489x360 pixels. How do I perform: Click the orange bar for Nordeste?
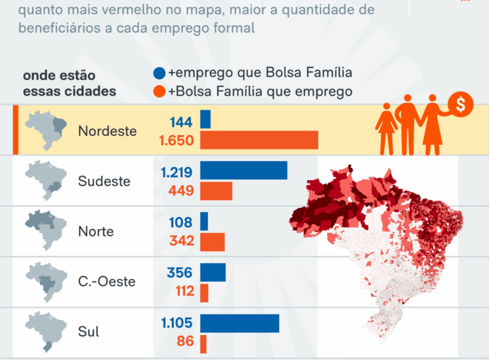(259, 141)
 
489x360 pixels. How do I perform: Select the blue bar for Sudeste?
(243, 170)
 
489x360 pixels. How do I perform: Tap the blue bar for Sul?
(239, 323)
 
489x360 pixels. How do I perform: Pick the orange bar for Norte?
(212, 241)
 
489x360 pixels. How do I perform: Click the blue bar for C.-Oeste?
(213, 272)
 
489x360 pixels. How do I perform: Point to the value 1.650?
(176, 141)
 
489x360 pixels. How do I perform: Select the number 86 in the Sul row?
(185, 342)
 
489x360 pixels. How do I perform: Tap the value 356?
(180, 272)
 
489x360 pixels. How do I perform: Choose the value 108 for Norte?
(181, 222)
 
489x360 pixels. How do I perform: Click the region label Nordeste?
(107, 131)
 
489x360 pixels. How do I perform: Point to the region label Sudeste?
(104, 181)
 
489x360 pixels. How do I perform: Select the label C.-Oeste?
(107, 282)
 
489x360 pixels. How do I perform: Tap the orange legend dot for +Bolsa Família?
(160, 92)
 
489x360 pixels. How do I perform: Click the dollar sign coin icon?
(461, 105)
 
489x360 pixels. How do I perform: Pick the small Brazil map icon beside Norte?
(46, 230)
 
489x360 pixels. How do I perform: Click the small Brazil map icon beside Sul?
(46, 331)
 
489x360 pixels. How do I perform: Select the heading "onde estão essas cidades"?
(69, 84)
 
